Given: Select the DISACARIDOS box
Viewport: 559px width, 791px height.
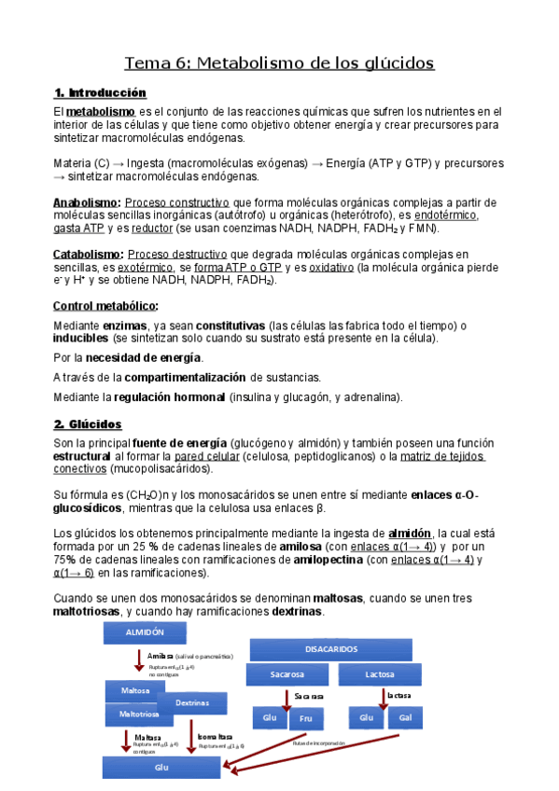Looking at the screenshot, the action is click(x=330, y=648).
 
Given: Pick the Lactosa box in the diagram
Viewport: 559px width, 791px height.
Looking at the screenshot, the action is click(x=379, y=674).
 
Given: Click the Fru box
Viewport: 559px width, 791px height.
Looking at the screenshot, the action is click(x=306, y=717).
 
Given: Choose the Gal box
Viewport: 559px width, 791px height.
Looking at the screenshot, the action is click(x=404, y=717).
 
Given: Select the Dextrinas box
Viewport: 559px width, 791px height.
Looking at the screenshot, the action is click(x=192, y=702).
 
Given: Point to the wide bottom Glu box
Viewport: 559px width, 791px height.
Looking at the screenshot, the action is click(x=161, y=767).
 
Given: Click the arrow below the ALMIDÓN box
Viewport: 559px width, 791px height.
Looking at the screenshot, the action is click(x=138, y=659).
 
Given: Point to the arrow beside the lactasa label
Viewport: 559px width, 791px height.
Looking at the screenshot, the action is click(x=383, y=698).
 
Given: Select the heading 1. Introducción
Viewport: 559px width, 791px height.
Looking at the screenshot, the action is click(x=101, y=93).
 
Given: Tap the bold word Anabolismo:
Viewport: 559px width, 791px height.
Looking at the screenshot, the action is click(x=87, y=202).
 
